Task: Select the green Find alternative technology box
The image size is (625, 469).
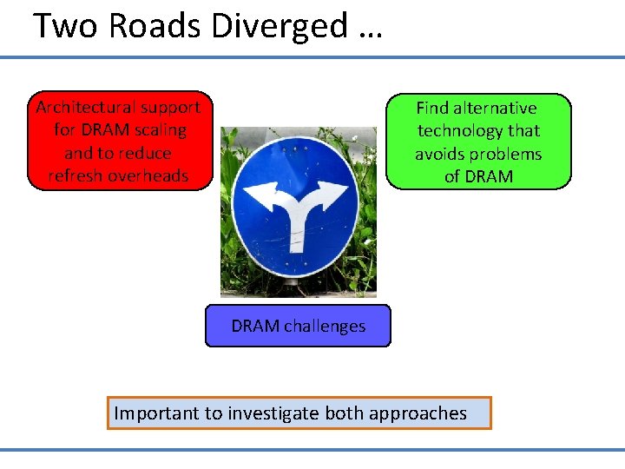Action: pos(478,142)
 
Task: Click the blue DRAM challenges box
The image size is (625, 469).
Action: pos(298,326)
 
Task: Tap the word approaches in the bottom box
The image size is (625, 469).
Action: pos(418,413)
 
